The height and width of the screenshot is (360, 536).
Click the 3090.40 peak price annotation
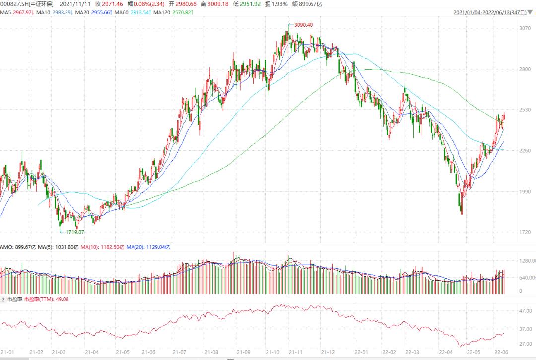[x=304, y=25]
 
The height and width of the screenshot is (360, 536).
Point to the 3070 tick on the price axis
[x=525, y=28]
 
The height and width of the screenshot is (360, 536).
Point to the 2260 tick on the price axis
[x=525, y=150]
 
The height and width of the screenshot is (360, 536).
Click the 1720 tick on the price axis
[x=525, y=232]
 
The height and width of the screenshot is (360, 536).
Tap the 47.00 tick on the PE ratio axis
[x=525, y=311]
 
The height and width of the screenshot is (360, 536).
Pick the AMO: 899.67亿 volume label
[x=16, y=246]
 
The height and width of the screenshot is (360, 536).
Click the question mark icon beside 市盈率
[x=3, y=300]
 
